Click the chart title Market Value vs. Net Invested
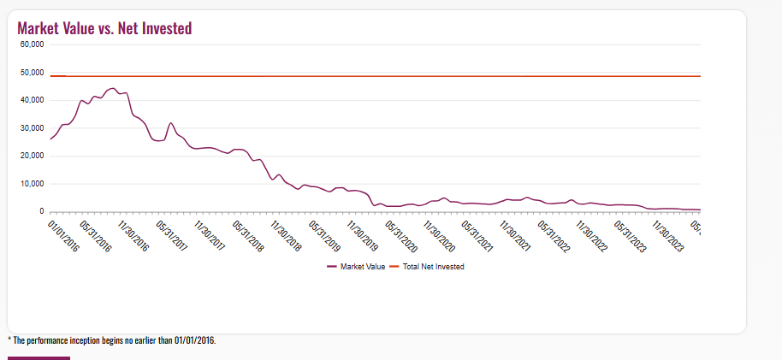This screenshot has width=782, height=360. [x=104, y=28]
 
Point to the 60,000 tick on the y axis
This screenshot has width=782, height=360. [x=32, y=44]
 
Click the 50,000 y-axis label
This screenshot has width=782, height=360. [x=32, y=73]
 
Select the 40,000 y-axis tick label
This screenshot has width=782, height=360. [x=32, y=100]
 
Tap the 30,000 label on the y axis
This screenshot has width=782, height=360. [x=32, y=128]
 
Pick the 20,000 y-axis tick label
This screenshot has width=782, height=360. [x=32, y=156]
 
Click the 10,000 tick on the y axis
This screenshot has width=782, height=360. [x=32, y=184]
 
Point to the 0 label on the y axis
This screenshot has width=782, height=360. [x=40, y=211]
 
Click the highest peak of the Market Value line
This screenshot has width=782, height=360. [x=112, y=88]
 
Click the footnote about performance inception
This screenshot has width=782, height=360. [x=112, y=340]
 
